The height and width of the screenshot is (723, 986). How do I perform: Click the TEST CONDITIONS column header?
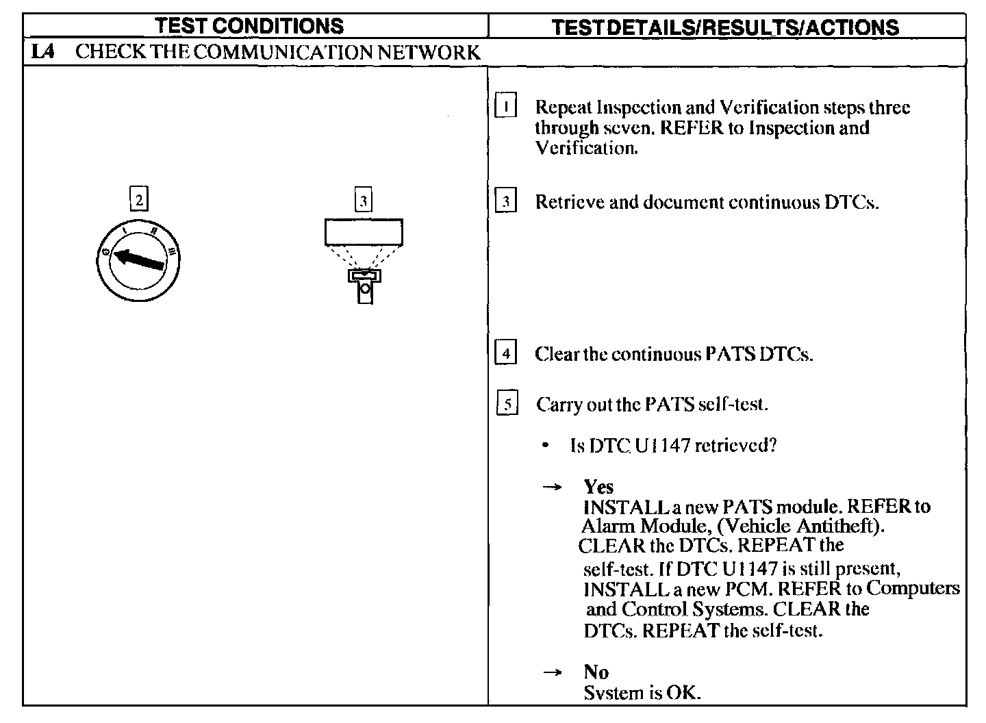click(x=249, y=26)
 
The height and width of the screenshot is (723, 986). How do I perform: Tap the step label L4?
click(x=42, y=52)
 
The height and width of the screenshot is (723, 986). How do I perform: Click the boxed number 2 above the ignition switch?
click(x=139, y=200)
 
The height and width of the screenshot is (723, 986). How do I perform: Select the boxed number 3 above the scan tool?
click(x=364, y=201)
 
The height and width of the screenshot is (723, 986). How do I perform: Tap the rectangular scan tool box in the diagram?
click(x=364, y=232)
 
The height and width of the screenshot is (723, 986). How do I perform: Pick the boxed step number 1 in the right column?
click(x=505, y=107)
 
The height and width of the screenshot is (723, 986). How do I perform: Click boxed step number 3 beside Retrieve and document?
click(x=505, y=202)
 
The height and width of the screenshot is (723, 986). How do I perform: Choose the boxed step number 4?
click(x=505, y=354)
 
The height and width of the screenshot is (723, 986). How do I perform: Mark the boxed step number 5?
click(x=507, y=404)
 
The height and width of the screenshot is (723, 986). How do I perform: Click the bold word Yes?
click(x=598, y=487)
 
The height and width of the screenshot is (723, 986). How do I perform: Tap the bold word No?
click(x=596, y=672)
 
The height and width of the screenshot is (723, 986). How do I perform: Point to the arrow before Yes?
click(x=552, y=487)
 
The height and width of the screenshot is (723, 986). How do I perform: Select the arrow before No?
click(x=552, y=672)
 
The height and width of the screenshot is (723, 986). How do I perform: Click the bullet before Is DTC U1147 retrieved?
click(x=545, y=446)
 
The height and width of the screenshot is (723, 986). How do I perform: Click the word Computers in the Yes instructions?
click(x=913, y=588)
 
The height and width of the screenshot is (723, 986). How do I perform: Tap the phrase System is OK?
click(x=642, y=693)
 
